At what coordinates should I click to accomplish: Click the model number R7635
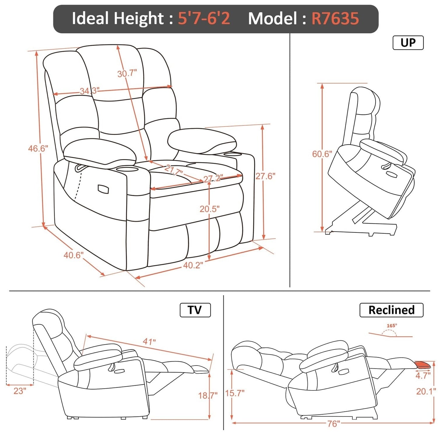(335, 18)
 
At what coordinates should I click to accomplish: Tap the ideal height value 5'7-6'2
(204, 18)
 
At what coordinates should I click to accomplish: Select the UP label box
(408, 43)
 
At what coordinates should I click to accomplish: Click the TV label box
(195, 310)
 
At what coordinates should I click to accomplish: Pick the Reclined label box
(391, 310)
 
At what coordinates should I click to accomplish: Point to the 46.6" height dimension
(38, 149)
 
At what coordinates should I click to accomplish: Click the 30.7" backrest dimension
(127, 73)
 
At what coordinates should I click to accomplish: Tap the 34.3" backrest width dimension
(89, 91)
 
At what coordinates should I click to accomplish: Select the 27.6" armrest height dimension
(265, 176)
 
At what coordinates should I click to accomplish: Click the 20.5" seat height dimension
(209, 209)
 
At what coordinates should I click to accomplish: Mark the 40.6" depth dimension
(73, 255)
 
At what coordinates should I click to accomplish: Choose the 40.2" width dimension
(193, 265)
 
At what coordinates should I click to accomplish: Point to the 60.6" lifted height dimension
(322, 154)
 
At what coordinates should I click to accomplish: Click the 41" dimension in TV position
(149, 342)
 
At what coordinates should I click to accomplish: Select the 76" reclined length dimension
(334, 423)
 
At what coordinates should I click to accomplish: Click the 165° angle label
(392, 326)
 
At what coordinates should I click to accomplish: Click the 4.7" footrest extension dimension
(423, 376)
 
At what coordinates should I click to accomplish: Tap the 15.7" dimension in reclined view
(235, 393)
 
